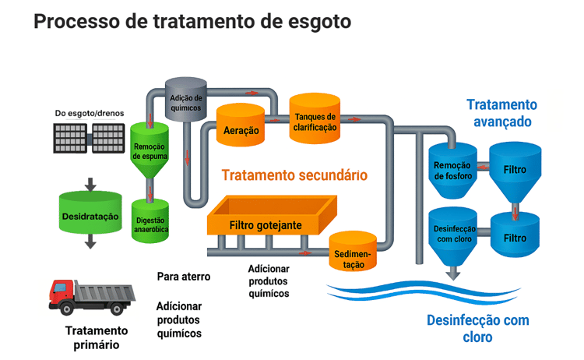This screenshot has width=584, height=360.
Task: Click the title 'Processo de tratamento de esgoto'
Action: (192, 22)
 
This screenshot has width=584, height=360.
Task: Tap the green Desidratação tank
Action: (90, 212)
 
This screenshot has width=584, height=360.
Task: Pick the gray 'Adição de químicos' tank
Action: (187, 100)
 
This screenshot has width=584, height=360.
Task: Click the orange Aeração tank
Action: (241, 127)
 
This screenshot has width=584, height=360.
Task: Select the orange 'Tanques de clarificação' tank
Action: (315, 120)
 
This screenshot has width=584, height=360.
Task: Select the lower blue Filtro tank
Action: (515, 236)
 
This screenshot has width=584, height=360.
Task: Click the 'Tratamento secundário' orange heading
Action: (294, 175)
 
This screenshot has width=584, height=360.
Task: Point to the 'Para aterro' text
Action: (181, 277)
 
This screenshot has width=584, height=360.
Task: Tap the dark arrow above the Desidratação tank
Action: (90, 185)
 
